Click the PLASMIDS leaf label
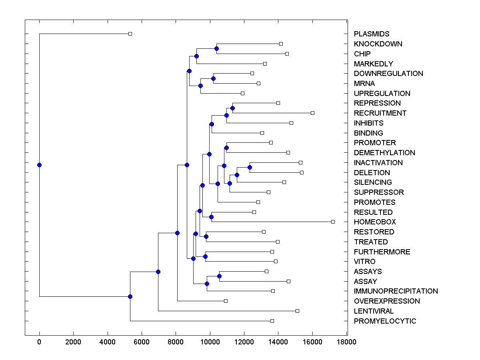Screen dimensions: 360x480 [372, 34]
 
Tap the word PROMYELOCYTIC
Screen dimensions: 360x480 [385, 321]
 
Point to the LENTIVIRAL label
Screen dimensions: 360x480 [374, 311]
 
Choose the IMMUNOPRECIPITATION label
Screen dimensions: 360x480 [396, 291]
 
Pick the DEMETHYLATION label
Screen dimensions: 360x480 [384, 153]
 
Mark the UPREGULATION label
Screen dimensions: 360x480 [382, 94]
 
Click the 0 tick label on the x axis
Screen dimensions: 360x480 [39, 342]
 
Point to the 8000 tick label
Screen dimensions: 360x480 [176, 342]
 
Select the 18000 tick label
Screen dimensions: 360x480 [346, 342]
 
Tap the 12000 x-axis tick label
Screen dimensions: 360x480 [244, 342]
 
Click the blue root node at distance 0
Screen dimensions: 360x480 [39, 165]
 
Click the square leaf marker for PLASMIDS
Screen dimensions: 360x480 [130, 34]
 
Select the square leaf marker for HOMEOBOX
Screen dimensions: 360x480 [333, 222]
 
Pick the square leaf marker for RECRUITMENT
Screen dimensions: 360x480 [312, 113]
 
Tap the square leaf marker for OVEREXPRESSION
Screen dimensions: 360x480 [226, 301]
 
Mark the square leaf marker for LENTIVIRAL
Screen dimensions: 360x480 [297, 311]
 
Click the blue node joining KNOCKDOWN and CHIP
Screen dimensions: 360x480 [216, 48]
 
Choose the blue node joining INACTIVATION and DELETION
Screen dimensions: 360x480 [250, 167]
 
